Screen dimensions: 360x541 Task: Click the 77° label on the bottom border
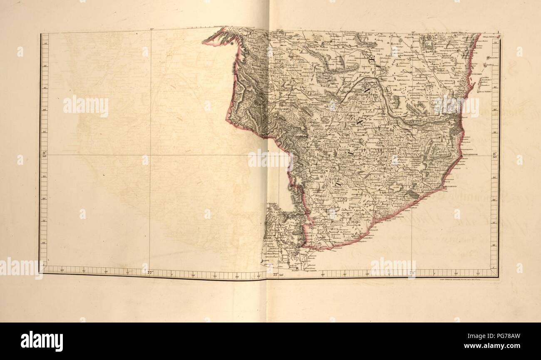pyautogui.click(x=150, y=273)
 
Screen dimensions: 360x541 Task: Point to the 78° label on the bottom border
pyautogui.click(x=412, y=273)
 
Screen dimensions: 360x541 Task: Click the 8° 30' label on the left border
pyautogui.click(x=44, y=154)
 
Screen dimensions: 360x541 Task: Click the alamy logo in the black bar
pyautogui.click(x=42, y=341)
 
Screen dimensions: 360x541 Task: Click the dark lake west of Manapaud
pyautogui.click(x=413, y=194)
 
